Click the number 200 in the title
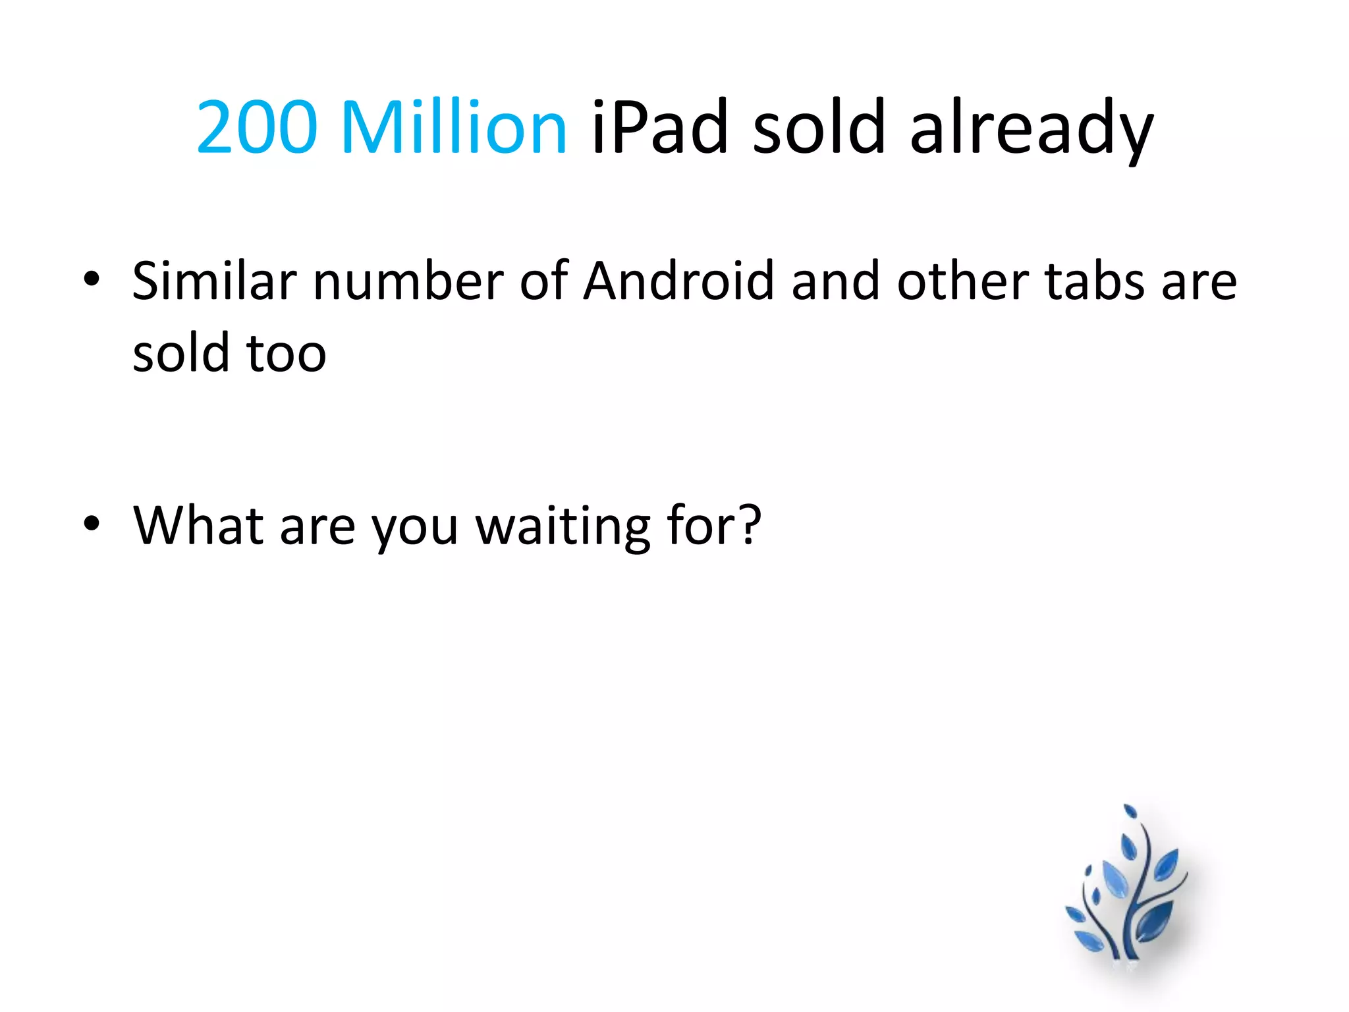click(x=257, y=126)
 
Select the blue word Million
click(x=454, y=126)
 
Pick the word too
click(x=287, y=354)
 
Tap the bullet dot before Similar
click(x=92, y=279)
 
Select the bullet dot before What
click(x=92, y=523)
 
